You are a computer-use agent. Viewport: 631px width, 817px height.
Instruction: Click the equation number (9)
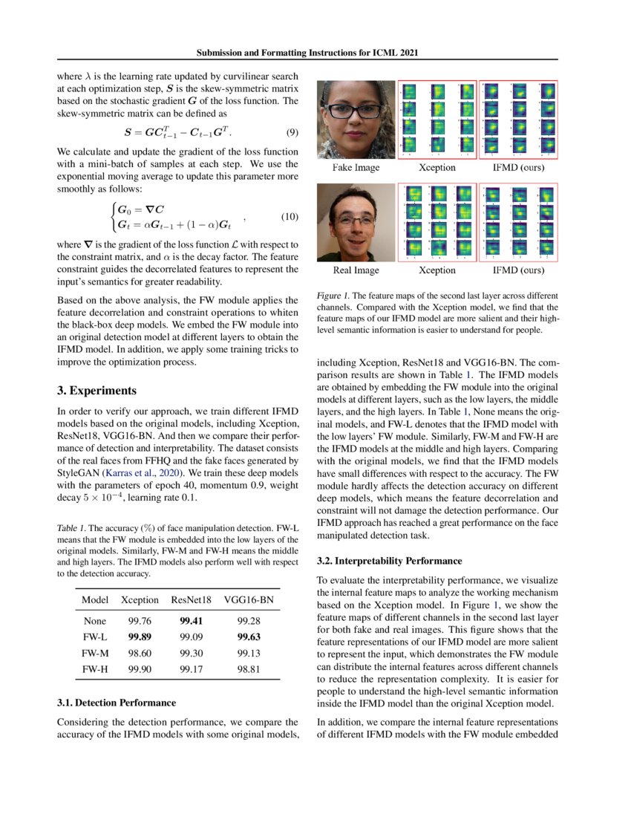coord(292,133)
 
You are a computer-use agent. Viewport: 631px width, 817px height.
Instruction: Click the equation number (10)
coord(288,216)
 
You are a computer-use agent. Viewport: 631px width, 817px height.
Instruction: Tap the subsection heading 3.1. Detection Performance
coord(117,702)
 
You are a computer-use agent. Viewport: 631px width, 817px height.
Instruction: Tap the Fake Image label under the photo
coord(356,168)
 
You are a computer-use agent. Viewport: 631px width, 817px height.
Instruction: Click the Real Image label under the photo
coord(356,271)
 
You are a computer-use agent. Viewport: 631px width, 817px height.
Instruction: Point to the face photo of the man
coord(356,222)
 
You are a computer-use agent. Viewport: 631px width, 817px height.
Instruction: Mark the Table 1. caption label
coord(73,529)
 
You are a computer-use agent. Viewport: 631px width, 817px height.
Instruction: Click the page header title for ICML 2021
coord(315,53)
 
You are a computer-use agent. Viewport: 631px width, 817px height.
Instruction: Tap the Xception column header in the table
coord(140,599)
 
